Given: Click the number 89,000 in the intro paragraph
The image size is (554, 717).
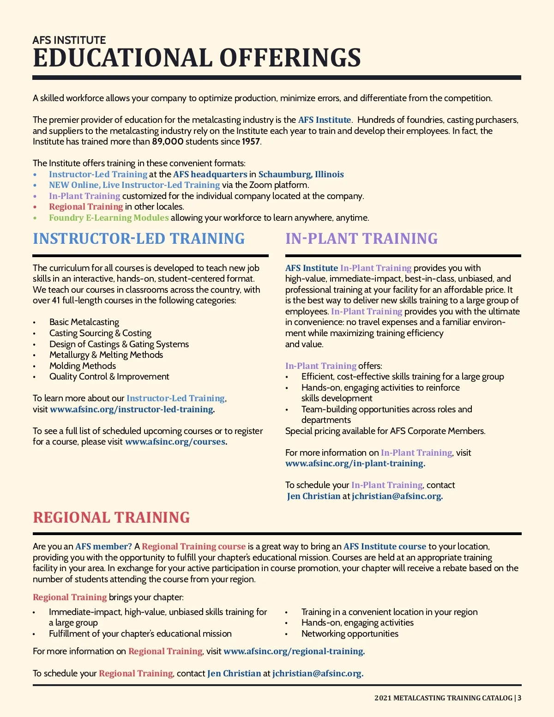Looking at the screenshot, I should click(x=168, y=142).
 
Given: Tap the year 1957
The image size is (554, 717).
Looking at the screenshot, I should click(x=251, y=142).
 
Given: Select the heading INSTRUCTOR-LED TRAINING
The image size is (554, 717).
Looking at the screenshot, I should click(x=139, y=239).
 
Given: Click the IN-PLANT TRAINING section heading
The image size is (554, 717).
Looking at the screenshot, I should click(x=361, y=239).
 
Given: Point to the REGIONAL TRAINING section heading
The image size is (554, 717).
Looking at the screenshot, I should click(x=111, y=518).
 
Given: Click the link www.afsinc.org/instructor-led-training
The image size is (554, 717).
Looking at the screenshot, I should click(x=132, y=410).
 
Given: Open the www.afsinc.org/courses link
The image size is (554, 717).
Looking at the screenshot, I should click(x=175, y=442).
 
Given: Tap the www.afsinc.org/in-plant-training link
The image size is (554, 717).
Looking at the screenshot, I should click(x=355, y=464).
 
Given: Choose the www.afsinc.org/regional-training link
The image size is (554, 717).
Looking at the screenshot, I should click(x=294, y=651).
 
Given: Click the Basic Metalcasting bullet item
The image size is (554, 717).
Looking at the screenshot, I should click(x=84, y=322).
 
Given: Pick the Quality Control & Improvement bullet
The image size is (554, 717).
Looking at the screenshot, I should click(x=109, y=377).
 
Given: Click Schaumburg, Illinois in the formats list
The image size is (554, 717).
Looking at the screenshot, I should click(x=301, y=175).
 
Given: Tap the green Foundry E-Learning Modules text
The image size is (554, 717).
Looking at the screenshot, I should click(x=109, y=218).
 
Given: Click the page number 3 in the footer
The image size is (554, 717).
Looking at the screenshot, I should click(x=519, y=698).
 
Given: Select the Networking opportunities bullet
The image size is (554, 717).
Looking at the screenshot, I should click(x=349, y=634).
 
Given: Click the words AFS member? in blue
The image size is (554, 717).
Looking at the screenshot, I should click(x=103, y=547).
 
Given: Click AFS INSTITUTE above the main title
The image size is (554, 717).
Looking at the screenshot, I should click(x=69, y=40).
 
